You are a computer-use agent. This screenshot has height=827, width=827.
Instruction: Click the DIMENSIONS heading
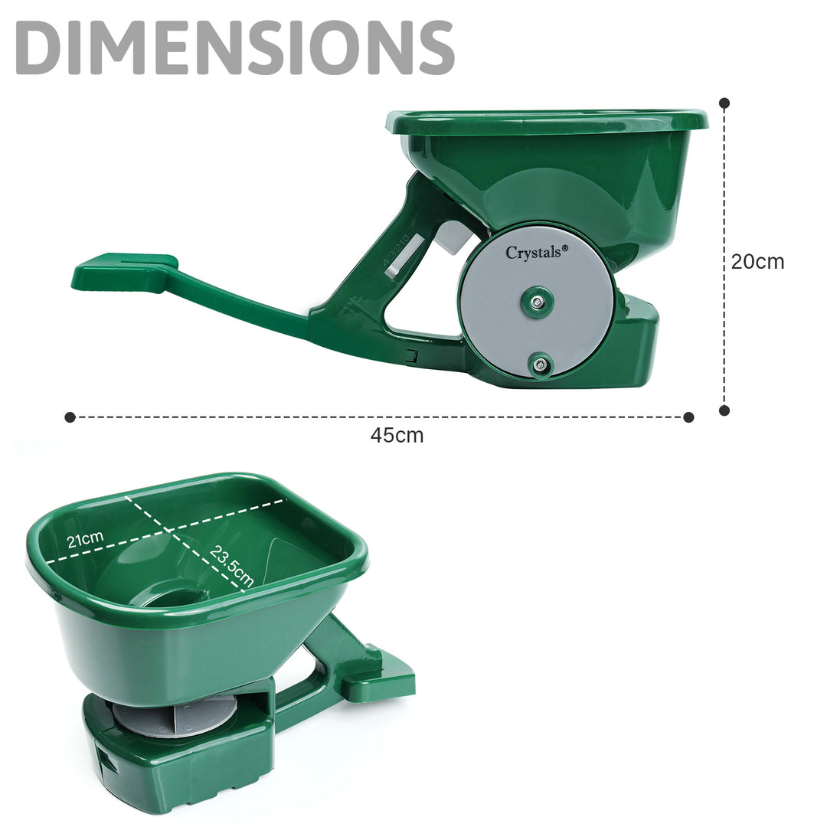pos(235,47)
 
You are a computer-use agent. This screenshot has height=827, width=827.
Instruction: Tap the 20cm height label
pos(757,262)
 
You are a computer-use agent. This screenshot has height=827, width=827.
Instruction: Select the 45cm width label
pos(397,436)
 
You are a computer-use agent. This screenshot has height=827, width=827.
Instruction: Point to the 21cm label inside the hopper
pos(85,539)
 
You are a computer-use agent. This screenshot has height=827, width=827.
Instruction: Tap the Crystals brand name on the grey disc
pos(534,253)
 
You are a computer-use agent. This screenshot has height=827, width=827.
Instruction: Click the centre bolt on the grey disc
pos(537,302)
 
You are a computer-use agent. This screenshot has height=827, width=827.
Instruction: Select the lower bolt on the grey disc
pos(540,364)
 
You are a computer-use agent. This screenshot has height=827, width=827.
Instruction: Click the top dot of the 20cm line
pos(724,103)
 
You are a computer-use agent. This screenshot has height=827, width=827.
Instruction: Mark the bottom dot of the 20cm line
pos(724,410)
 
